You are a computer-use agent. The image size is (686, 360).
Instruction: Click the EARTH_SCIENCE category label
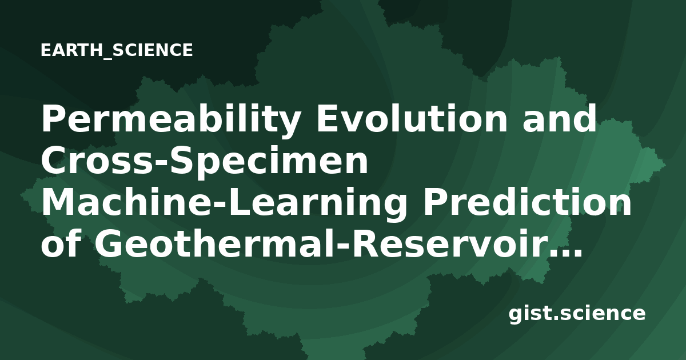(117, 50)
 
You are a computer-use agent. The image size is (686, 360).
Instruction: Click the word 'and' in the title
(560, 118)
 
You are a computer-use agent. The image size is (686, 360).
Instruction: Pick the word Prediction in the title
(527, 201)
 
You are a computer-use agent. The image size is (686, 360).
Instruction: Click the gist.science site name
(577, 314)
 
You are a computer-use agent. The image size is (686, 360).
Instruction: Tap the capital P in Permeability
(53, 118)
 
